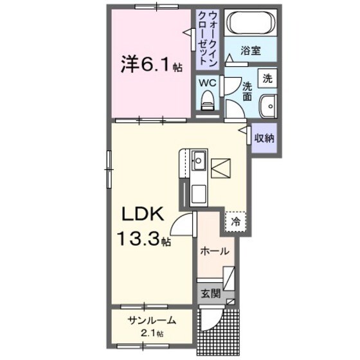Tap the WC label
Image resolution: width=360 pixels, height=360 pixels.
tap(206, 82)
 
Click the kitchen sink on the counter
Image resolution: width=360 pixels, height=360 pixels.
tap(198, 158)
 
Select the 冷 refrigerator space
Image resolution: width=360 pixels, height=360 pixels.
tap(235, 222)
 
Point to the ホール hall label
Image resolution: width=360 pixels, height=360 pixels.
tap(213, 251)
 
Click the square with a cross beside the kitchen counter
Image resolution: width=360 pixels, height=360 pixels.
tap(221, 168)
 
